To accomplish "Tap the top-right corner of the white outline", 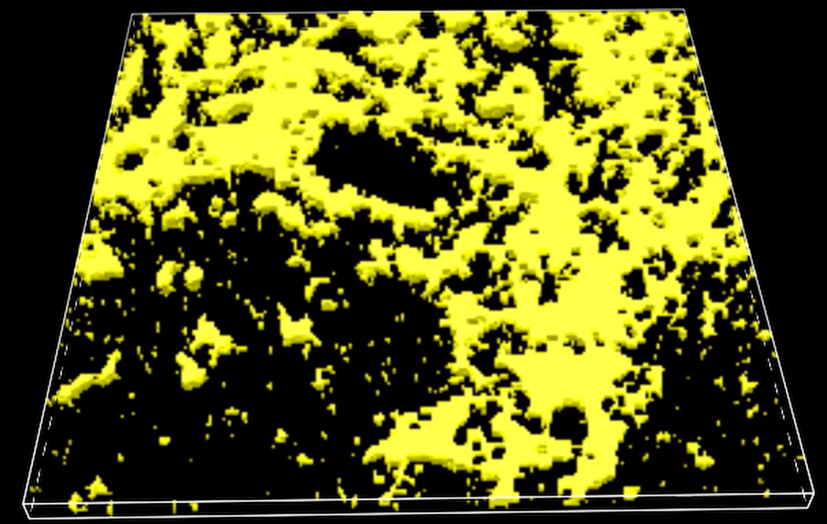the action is tap(685, 10).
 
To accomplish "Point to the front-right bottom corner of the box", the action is tap(814, 498).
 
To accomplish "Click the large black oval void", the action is tap(380, 165).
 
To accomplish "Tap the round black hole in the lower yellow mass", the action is tap(569, 423).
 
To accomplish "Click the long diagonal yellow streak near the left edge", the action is tap(92, 380).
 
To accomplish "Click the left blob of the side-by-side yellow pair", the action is tap(169, 275).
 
